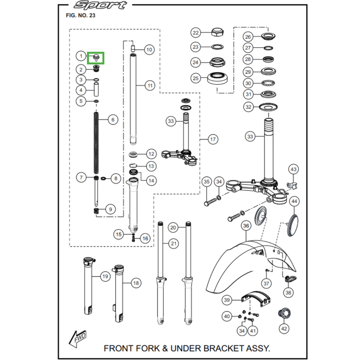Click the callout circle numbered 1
tap(81, 56)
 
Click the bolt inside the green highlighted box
tap(96, 57)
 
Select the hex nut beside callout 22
tap(217, 32)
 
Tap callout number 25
tap(195, 78)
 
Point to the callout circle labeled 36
tap(245, 225)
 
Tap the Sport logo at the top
tap(100, 5)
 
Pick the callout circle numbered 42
tap(283, 329)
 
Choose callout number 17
tap(213, 139)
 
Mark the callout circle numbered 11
tap(149, 85)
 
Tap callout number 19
tap(104, 276)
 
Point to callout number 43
tap(293, 169)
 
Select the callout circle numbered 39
tap(227, 300)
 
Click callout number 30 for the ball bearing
tap(248, 83)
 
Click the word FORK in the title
tap(141, 348)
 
